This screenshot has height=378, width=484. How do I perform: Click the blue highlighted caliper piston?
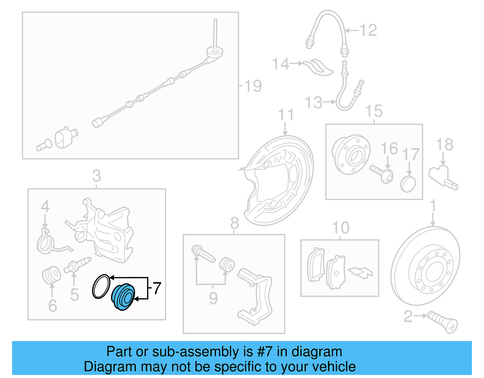123,297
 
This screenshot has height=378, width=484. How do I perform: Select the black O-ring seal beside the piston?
101,286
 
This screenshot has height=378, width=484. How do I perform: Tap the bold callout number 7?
157,288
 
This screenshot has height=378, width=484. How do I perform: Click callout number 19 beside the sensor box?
253,86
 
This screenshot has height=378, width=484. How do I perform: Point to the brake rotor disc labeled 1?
425,266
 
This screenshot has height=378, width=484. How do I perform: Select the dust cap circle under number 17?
408,184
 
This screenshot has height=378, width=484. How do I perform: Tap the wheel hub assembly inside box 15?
351,155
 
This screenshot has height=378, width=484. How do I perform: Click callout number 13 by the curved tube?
314,103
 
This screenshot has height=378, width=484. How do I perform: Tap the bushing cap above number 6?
51,275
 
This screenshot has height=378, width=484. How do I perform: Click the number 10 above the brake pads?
341,228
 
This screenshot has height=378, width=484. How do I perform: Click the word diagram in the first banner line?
317,352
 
